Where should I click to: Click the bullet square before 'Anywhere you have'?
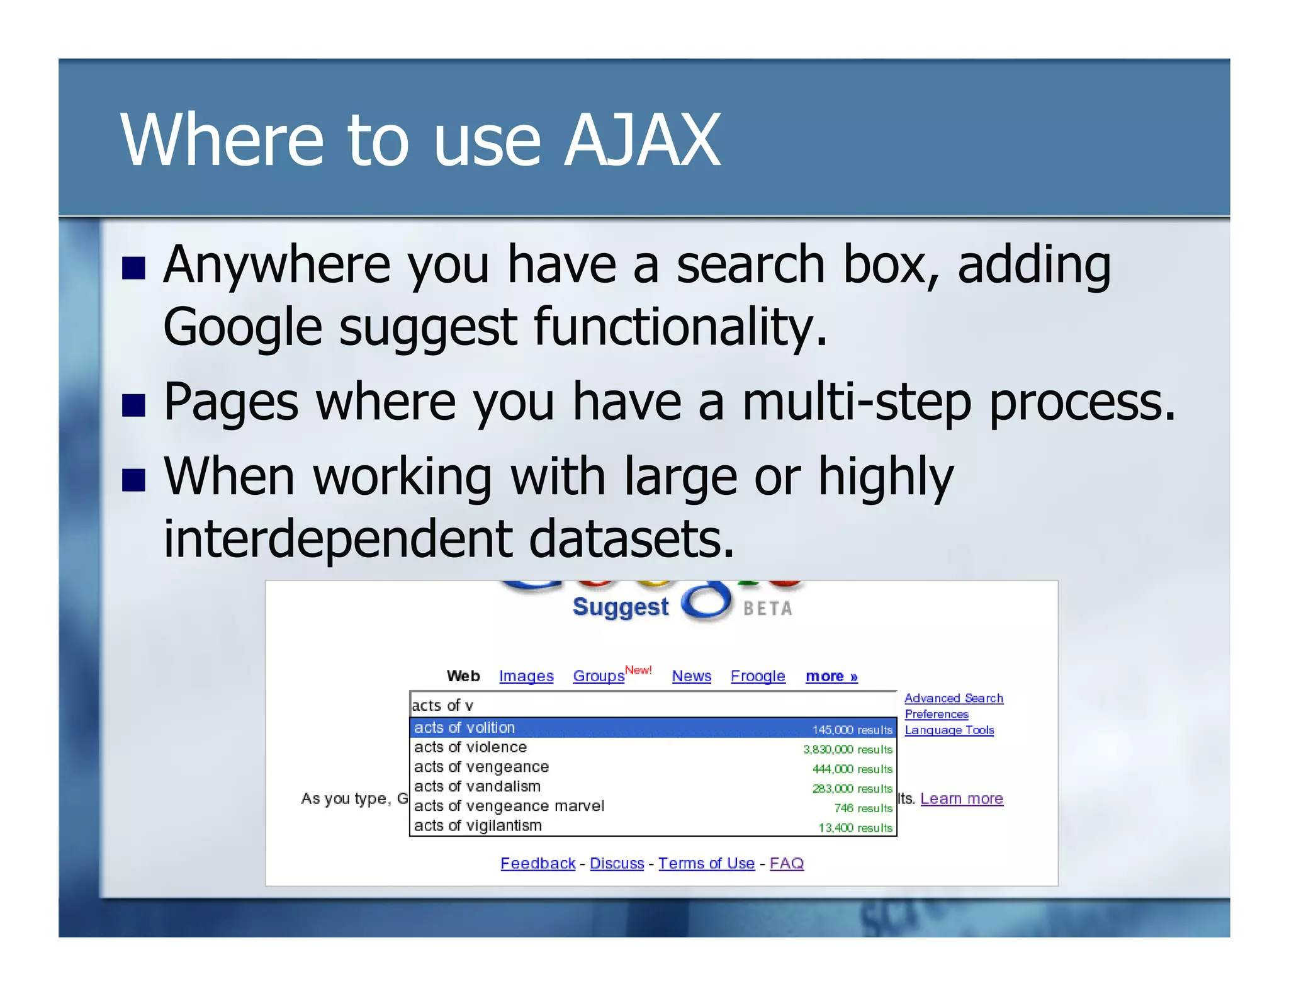(133, 268)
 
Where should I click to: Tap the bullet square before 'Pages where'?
(133, 405)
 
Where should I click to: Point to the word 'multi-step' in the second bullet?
(857, 403)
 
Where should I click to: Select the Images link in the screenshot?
(526, 676)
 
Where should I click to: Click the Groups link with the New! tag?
(599, 676)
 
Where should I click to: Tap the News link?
(691, 676)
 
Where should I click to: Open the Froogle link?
(757, 676)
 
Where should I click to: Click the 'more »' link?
(831, 676)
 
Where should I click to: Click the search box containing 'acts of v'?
(652, 705)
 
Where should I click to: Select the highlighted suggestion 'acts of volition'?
(464, 728)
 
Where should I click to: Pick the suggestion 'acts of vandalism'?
(477, 786)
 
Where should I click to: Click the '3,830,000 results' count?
(847, 749)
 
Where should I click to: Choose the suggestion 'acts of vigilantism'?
(478, 825)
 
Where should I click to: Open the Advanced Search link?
(953, 698)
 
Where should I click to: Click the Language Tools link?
(948, 730)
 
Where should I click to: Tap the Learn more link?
(961, 799)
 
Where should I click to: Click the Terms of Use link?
(706, 864)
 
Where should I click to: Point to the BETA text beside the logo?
(767, 609)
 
